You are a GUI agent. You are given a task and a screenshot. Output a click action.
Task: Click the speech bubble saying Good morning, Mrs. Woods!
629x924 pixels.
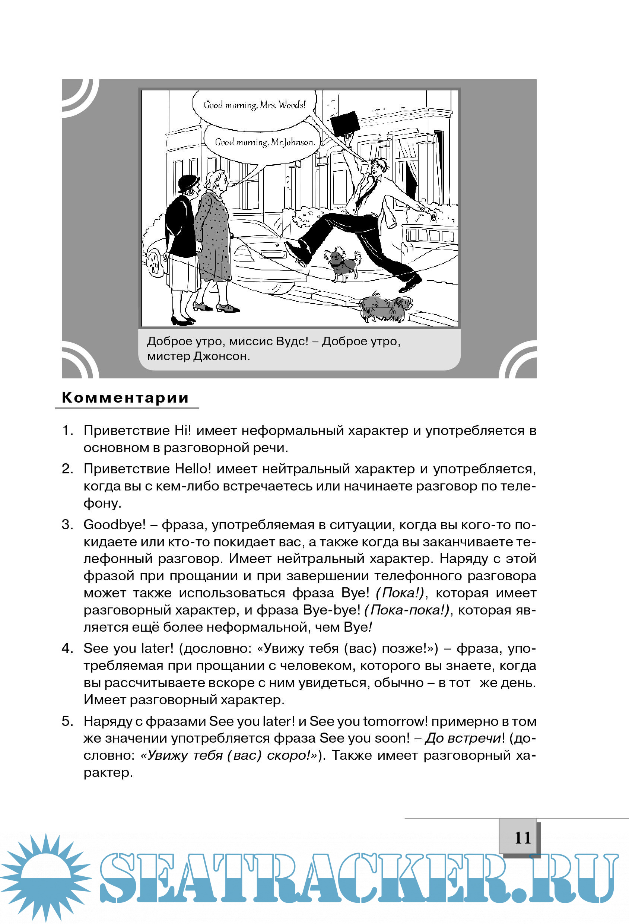(254, 105)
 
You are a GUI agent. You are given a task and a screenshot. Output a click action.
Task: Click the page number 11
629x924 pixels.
(522, 837)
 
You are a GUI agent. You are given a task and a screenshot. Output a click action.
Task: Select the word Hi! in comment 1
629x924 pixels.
(183, 431)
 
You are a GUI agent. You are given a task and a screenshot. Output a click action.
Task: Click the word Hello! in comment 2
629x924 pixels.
(193, 469)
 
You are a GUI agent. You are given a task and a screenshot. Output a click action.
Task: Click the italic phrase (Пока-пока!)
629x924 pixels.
(406, 610)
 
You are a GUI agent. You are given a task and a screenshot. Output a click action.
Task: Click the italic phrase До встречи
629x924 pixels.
(463, 738)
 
